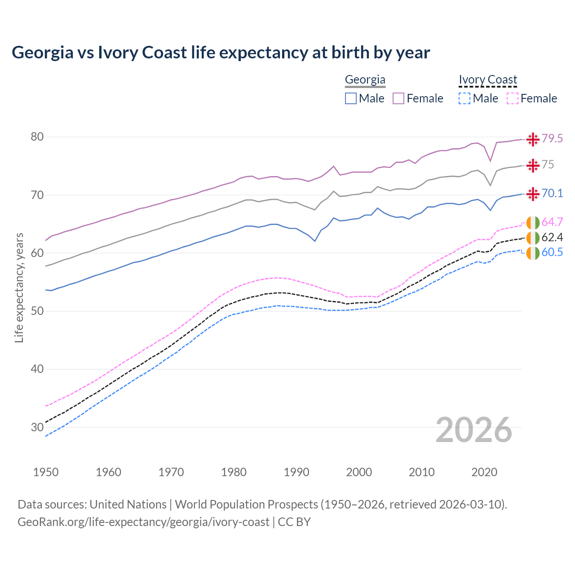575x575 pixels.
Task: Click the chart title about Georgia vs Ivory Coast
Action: click(x=221, y=53)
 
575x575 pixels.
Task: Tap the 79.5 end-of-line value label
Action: click(x=552, y=138)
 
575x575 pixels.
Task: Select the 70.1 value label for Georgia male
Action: click(x=552, y=193)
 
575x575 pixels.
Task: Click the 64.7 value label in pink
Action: click(x=552, y=222)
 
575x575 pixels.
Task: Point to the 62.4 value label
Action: click(x=552, y=237)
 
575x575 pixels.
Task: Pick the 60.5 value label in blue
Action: click(x=552, y=252)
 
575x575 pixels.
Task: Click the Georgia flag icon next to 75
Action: click(x=533, y=165)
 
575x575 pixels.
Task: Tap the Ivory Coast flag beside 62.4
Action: click(x=533, y=238)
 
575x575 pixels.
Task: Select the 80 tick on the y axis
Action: click(x=37, y=137)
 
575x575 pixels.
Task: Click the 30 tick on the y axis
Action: click(x=37, y=427)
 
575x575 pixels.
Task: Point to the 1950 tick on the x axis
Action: click(x=46, y=472)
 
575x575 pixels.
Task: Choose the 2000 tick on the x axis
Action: click(x=359, y=472)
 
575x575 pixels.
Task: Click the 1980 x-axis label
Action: click(x=234, y=472)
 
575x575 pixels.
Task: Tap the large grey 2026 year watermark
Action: click(x=473, y=430)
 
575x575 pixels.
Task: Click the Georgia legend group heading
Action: click(x=365, y=80)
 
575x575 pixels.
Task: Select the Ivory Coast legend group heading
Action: click(x=488, y=80)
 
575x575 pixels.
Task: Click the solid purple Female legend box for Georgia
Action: click(x=398, y=98)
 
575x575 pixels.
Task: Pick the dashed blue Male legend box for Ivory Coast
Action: click(x=464, y=98)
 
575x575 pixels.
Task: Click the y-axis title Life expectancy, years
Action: click(x=19, y=287)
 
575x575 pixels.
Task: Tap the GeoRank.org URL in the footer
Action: click(x=143, y=522)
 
